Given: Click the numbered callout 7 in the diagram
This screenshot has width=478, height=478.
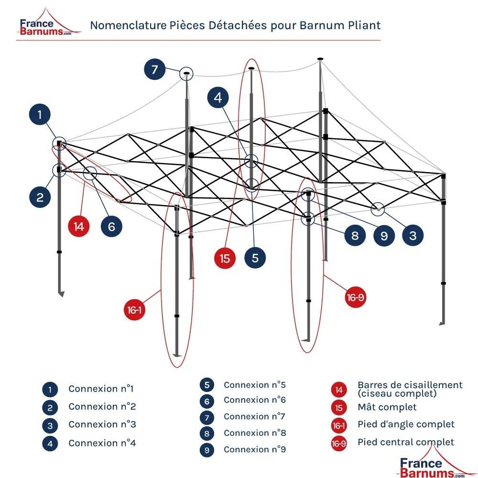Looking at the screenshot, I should click(x=154, y=70).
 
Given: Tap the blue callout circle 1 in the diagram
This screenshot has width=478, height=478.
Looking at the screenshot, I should click(x=40, y=115).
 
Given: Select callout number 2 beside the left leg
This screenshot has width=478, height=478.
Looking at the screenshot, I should click(x=40, y=197).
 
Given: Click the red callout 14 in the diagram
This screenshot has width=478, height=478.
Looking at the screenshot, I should click(x=79, y=226).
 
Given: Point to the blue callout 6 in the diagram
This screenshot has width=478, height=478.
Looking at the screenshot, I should click(x=111, y=226).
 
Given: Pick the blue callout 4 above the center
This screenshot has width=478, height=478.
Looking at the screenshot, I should click(x=218, y=98).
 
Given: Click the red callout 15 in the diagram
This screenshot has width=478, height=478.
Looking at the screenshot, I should click(x=225, y=258).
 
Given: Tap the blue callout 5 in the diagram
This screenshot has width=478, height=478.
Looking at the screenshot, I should click(x=255, y=258).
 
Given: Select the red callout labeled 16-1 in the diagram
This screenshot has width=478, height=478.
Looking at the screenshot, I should click(x=134, y=310).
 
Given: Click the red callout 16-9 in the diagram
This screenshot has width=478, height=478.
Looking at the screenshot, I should click(x=355, y=298).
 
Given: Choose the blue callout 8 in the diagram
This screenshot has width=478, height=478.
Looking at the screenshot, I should click(x=355, y=235).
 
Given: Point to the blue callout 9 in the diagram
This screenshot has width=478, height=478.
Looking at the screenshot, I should click(x=384, y=235).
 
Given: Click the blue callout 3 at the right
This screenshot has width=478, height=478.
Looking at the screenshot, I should click(x=413, y=235).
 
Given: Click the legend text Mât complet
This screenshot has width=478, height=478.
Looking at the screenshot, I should click(x=387, y=407).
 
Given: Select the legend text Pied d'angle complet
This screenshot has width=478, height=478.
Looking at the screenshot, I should click(x=406, y=424).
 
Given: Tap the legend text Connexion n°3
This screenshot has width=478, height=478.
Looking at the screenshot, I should click(x=102, y=424).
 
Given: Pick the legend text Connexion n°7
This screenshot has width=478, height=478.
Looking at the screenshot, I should click(x=254, y=416).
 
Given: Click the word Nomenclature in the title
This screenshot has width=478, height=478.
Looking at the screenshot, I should click(x=126, y=25).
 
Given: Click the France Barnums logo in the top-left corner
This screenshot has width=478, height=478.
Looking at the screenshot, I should click(x=45, y=26).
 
